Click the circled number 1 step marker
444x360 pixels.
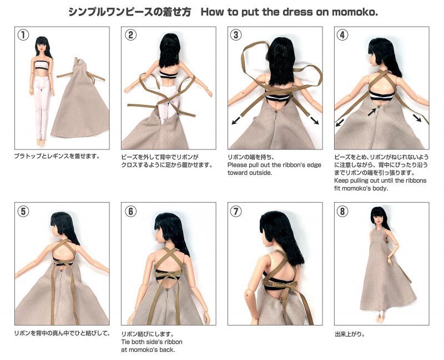[23, 35]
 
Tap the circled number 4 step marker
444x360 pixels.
[342, 35]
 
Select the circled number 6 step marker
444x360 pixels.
[130, 211]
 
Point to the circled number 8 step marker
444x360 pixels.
[342, 211]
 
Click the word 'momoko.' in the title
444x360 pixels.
[355, 12]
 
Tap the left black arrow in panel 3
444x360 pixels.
[238, 120]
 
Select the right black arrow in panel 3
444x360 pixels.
[314, 120]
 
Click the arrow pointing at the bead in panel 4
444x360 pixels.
[372, 112]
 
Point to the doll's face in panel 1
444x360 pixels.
[41, 48]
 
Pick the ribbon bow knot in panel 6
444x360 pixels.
[167, 274]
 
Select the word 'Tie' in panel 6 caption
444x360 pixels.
[125, 342]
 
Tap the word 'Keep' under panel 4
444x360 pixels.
[341, 181]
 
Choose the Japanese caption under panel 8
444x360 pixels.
[350, 334]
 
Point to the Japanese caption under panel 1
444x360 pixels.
[58, 156]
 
